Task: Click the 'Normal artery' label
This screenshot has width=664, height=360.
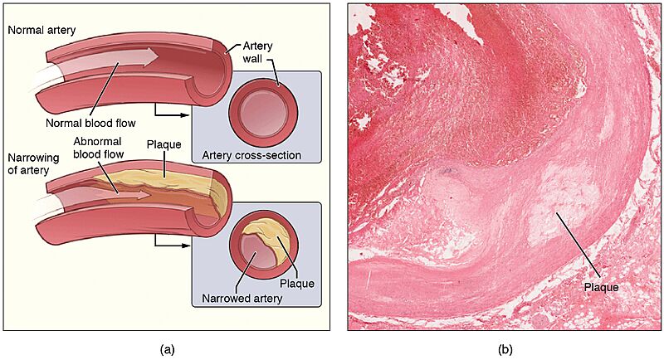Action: pyautogui.click(x=41, y=31)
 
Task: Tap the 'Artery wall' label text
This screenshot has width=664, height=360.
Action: pyautogui.click(x=257, y=52)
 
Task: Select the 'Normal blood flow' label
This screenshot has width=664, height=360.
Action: pyautogui.click(x=90, y=123)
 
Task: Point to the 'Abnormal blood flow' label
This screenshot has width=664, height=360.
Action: pyautogui.click(x=98, y=148)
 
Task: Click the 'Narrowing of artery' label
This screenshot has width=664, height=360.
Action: pyautogui.click(x=33, y=163)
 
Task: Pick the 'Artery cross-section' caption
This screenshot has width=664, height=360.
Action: pyautogui.click(x=251, y=155)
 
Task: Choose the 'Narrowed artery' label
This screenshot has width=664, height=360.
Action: pyautogui.click(x=242, y=299)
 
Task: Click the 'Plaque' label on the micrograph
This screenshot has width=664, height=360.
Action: pyautogui.click(x=601, y=287)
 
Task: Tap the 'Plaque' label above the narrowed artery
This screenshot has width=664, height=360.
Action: pyautogui.click(x=164, y=144)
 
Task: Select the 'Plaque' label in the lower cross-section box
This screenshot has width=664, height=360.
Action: pyautogui.click(x=297, y=284)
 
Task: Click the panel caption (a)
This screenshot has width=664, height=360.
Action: pyautogui.click(x=167, y=349)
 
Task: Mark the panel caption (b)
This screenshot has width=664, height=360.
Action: pyautogui.click(x=505, y=349)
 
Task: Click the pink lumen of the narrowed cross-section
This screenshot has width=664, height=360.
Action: pyautogui.click(x=256, y=253)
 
